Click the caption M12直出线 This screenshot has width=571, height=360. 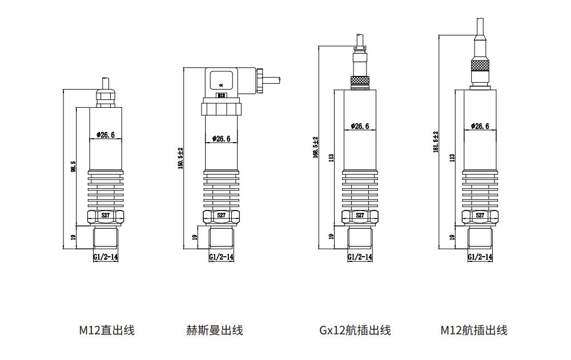click(x=107, y=330)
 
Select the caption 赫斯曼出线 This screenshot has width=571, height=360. click(x=214, y=330)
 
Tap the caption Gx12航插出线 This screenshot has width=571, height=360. click(x=355, y=330)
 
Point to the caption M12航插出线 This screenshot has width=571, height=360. click(x=473, y=330)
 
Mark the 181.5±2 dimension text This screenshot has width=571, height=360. click(x=436, y=141)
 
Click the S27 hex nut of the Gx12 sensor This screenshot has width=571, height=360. click(x=360, y=216)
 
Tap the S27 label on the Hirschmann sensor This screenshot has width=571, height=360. click(x=222, y=216)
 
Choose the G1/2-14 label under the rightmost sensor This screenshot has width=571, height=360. click(x=480, y=257)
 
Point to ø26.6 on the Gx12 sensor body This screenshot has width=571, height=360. click(x=360, y=126)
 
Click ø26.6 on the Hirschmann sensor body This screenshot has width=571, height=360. click(x=221, y=139)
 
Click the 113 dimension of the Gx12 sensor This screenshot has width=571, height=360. click(x=331, y=157)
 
